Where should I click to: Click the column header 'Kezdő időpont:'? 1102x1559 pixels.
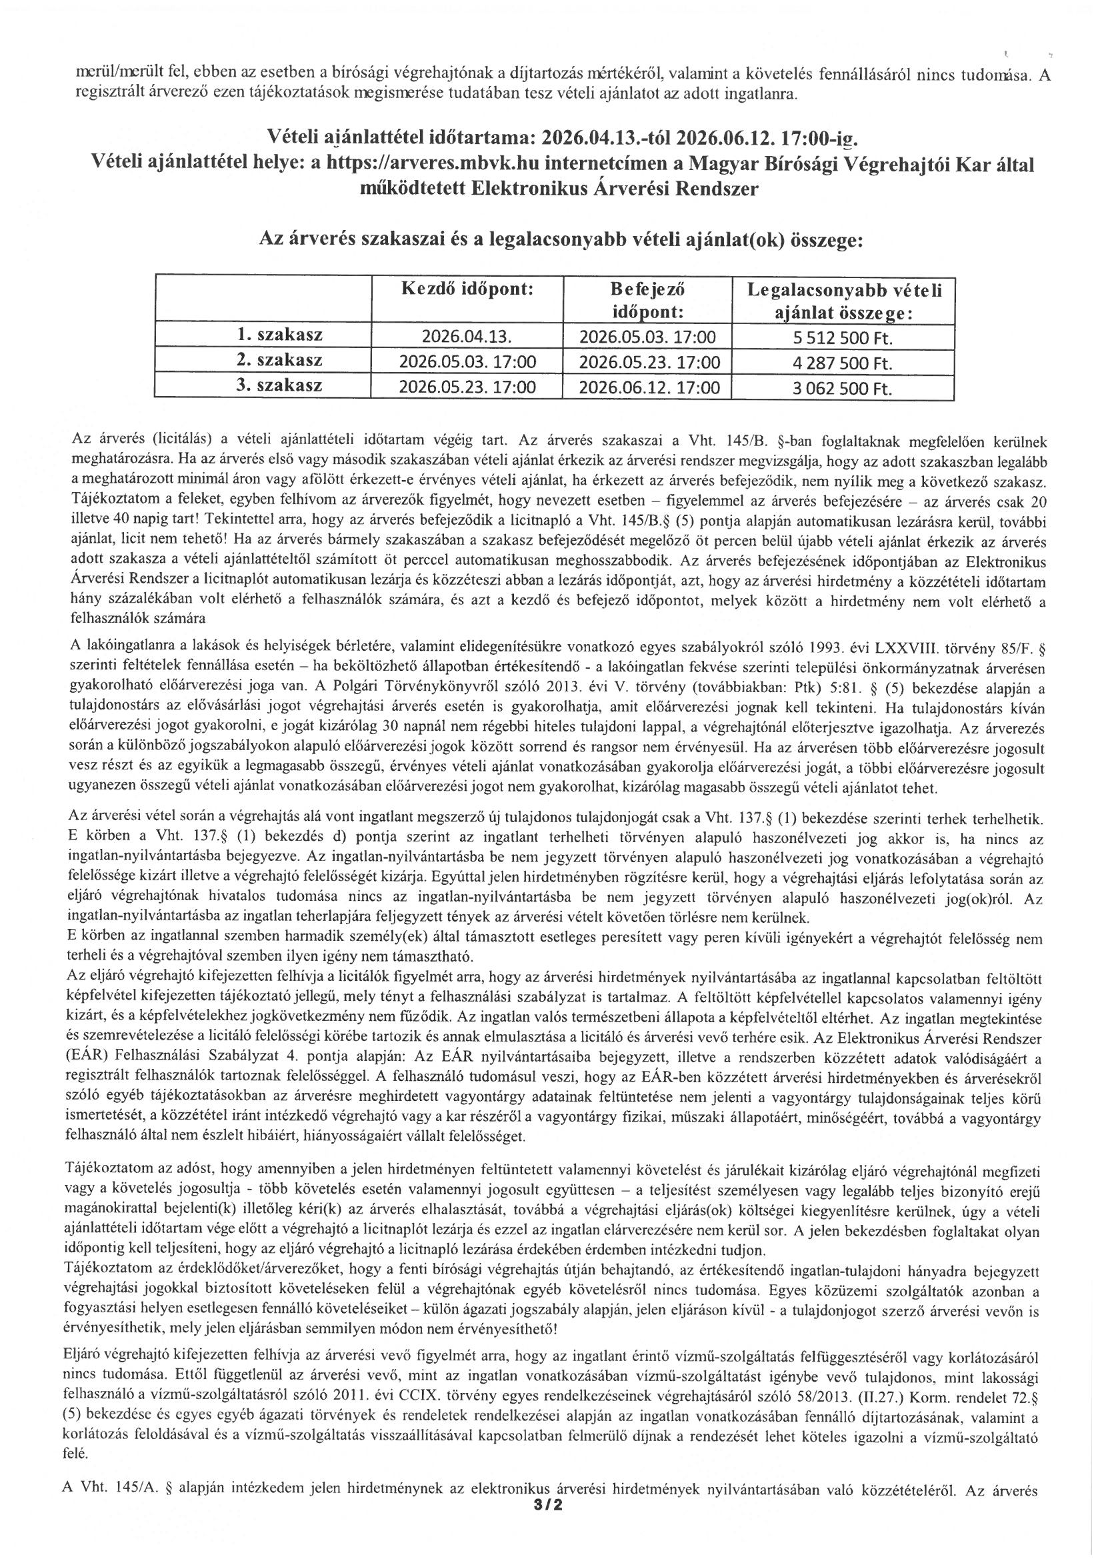(x=467, y=289)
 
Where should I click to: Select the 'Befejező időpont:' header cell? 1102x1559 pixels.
(x=647, y=299)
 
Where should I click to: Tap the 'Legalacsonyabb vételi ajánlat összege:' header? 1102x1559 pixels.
(x=844, y=299)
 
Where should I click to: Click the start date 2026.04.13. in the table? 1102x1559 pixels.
(x=467, y=337)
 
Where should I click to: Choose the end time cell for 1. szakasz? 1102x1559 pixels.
(x=647, y=337)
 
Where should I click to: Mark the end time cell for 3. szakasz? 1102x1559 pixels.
(x=647, y=388)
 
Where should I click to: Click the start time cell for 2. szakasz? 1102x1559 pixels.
(x=467, y=363)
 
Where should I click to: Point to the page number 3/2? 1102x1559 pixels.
(x=549, y=1542)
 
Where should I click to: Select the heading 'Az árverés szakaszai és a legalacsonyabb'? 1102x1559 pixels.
(x=561, y=240)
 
